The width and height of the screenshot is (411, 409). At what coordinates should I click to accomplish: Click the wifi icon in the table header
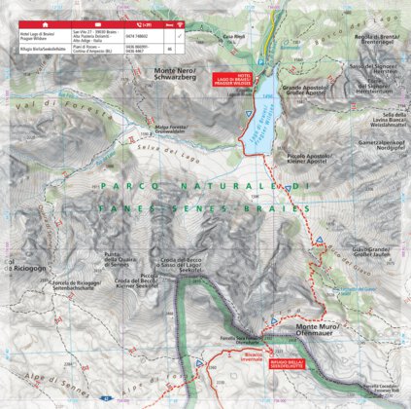[x=198, y=19]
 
